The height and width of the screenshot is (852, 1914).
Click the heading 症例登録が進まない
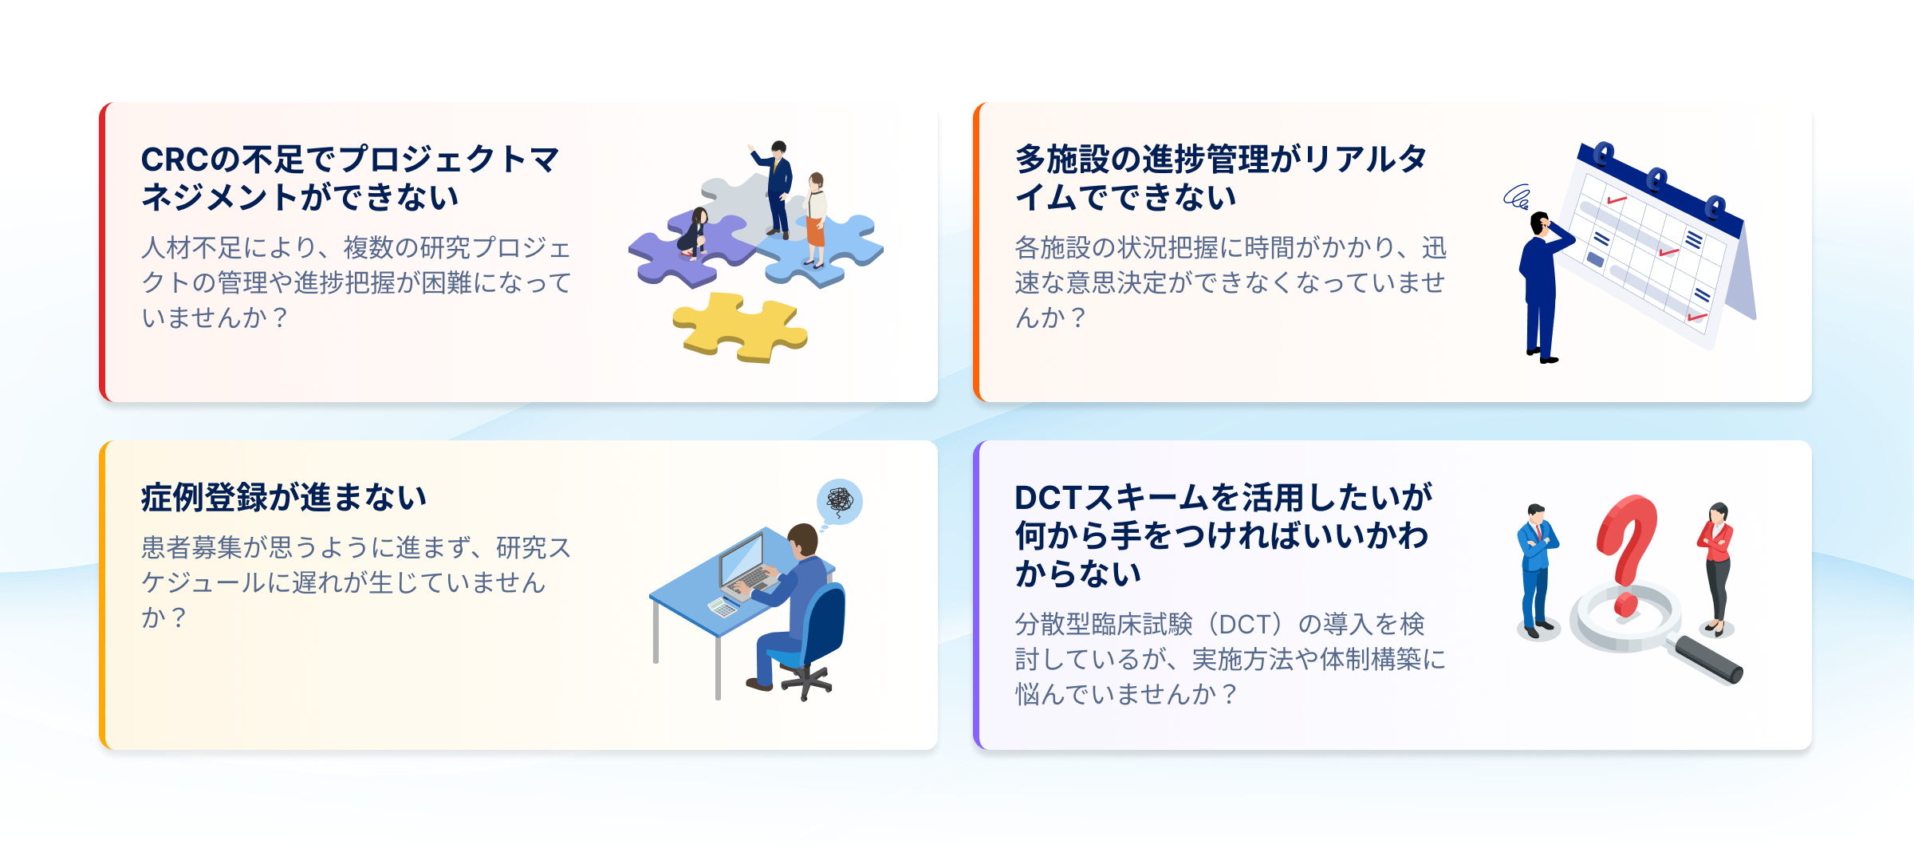(284, 497)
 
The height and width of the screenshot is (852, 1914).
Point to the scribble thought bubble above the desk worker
(840, 501)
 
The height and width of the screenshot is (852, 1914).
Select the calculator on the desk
(723, 608)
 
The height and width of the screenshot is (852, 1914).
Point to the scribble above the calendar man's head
(1516, 196)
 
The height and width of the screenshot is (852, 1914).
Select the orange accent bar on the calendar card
(976, 252)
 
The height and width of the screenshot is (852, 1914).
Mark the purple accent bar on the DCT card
(976, 595)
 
